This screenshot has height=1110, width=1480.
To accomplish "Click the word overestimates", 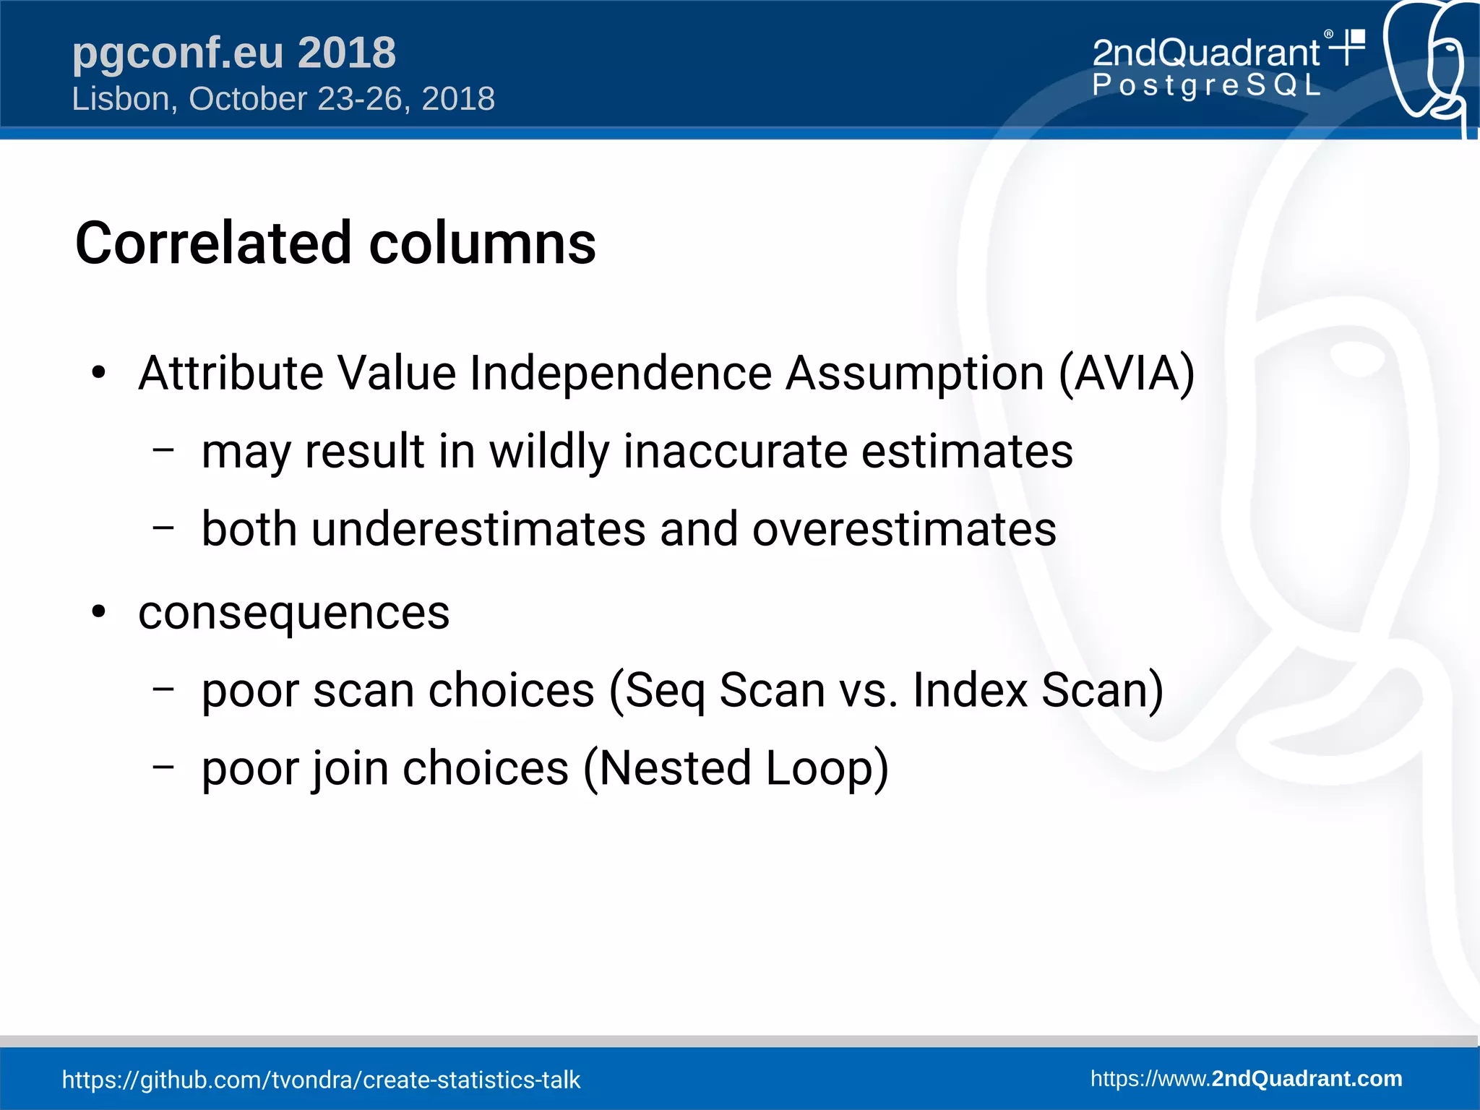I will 904,530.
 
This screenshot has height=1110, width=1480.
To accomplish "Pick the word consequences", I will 293,614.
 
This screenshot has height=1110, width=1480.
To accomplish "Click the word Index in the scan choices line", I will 970,690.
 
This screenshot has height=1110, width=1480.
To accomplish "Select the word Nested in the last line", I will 675,768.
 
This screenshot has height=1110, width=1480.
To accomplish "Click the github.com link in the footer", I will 321,1080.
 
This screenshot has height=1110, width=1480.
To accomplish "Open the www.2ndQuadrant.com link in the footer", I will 1246,1079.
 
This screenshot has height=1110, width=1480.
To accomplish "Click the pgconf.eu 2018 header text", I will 233,53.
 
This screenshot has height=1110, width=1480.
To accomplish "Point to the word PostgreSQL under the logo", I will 1205,86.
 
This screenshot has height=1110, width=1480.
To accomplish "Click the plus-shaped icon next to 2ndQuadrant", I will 1348,47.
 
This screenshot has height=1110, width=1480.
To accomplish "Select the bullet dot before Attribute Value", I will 99,374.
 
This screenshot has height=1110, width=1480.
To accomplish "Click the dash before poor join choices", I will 164,766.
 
